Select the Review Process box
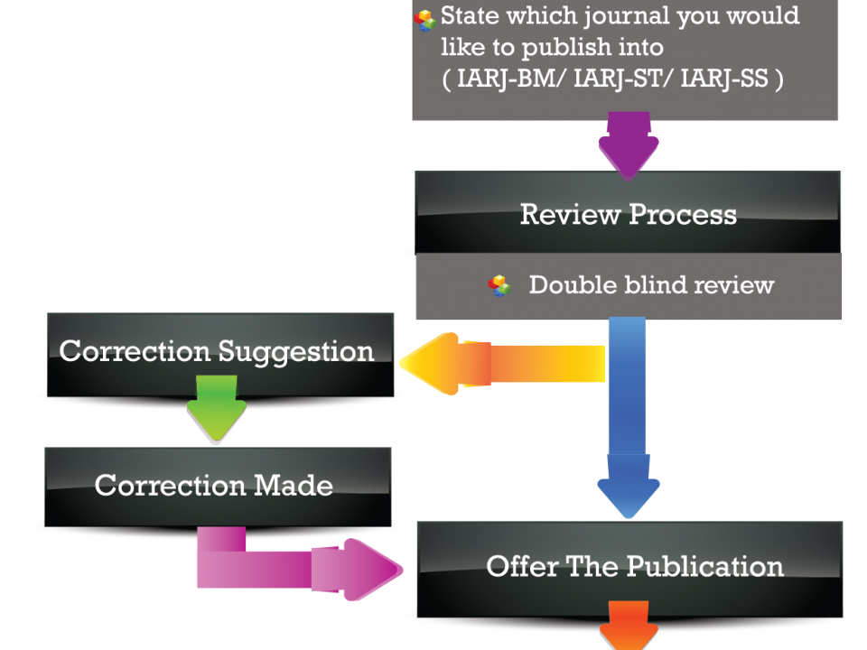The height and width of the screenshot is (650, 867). (x=629, y=214)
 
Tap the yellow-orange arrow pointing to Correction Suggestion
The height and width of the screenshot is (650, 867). (x=506, y=363)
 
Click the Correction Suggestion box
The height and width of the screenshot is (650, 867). (x=217, y=351)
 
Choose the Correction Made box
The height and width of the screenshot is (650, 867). (x=214, y=486)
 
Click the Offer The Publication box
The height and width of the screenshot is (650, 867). (x=635, y=567)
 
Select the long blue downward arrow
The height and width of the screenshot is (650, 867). (x=629, y=415)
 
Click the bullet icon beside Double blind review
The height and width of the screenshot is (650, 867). (x=499, y=286)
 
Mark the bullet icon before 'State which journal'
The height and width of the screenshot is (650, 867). (x=424, y=21)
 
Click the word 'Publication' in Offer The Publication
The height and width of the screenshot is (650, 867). (x=704, y=567)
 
